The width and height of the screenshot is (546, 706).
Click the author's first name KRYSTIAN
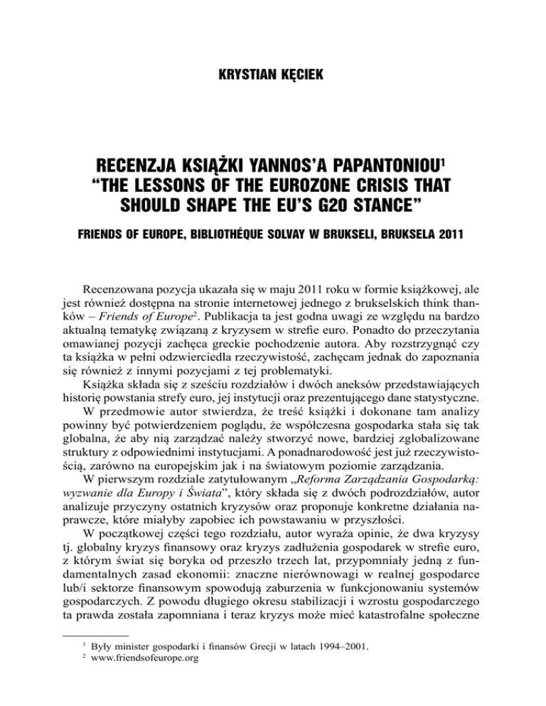[245, 72]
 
